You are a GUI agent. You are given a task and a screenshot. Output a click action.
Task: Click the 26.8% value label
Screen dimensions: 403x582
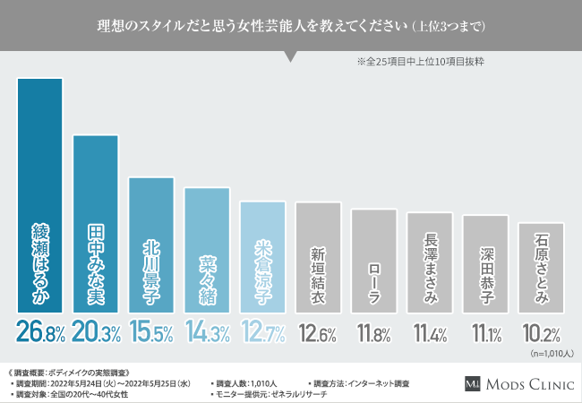40,333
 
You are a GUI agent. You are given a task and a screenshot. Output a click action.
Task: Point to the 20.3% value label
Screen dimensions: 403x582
96,333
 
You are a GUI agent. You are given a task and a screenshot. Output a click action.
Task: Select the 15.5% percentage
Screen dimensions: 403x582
151,333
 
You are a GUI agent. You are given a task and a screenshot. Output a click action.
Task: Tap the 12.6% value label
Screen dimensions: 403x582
318,334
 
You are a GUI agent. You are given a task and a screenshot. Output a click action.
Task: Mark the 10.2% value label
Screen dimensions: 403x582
540,334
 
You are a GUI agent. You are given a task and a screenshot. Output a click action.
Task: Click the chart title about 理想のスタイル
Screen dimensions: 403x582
291,25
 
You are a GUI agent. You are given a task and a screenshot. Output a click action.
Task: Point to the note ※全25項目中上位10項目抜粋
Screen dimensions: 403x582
420,64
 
